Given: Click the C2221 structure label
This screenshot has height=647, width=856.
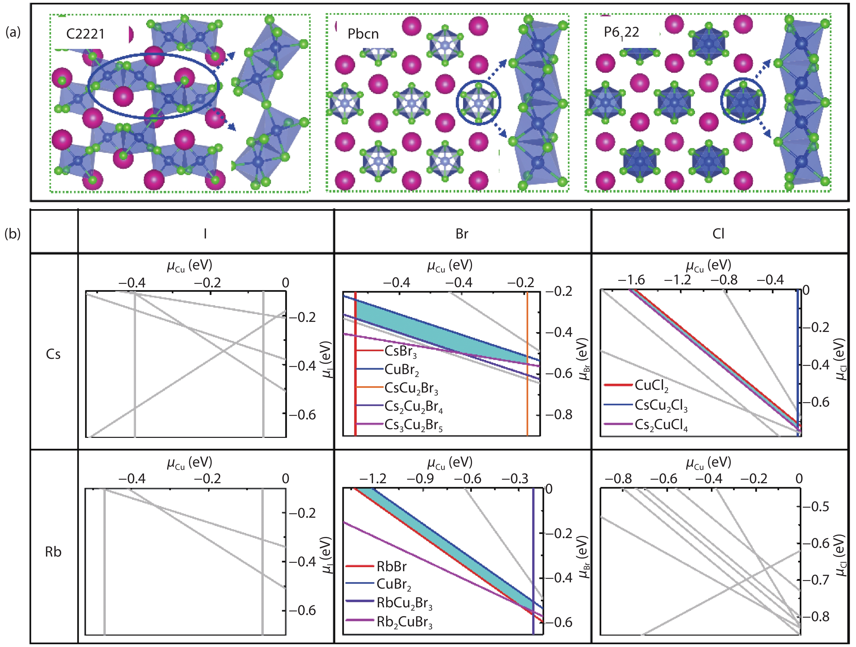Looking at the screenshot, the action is pyautogui.click(x=86, y=34).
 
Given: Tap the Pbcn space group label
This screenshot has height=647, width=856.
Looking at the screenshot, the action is pyautogui.click(x=363, y=34).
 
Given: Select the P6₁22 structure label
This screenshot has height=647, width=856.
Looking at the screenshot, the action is pyautogui.click(x=621, y=33).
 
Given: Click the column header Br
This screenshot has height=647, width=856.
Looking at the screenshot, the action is pyautogui.click(x=462, y=234).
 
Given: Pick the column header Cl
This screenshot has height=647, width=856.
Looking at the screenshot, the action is pyautogui.click(x=718, y=234).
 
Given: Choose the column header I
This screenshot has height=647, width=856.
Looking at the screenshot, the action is pyautogui.click(x=205, y=234).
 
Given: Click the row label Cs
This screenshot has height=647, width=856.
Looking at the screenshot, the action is pyautogui.click(x=53, y=354).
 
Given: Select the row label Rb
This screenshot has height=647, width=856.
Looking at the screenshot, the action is pyautogui.click(x=53, y=552).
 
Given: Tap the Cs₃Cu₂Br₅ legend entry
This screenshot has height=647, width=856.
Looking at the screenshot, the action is pyautogui.click(x=399, y=425).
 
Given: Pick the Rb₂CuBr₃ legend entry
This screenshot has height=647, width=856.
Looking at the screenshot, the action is pyautogui.click(x=389, y=623).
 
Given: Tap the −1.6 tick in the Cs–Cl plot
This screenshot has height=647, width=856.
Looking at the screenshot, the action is pyautogui.click(x=631, y=279).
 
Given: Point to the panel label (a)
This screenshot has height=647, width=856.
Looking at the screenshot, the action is pyautogui.click(x=13, y=33).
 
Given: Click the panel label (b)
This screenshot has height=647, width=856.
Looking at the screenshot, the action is pyautogui.click(x=13, y=234).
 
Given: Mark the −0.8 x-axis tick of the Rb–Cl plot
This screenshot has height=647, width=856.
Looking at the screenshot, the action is pyautogui.click(x=618, y=479).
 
